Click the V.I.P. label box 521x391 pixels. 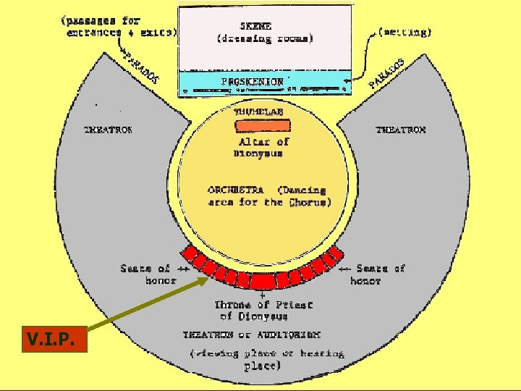click(54, 339)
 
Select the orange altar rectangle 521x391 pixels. click(262, 125)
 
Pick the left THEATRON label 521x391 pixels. click(109, 130)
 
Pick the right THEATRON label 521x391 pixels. click(401, 130)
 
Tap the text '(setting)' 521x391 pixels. click(404, 33)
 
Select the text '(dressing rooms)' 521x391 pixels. click(265, 38)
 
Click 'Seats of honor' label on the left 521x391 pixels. click(145, 274)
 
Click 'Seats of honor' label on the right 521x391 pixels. click(380, 274)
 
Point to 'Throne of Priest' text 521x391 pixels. click(263, 305)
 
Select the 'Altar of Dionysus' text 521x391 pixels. click(260, 147)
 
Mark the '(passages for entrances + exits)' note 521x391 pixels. click(119, 27)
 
